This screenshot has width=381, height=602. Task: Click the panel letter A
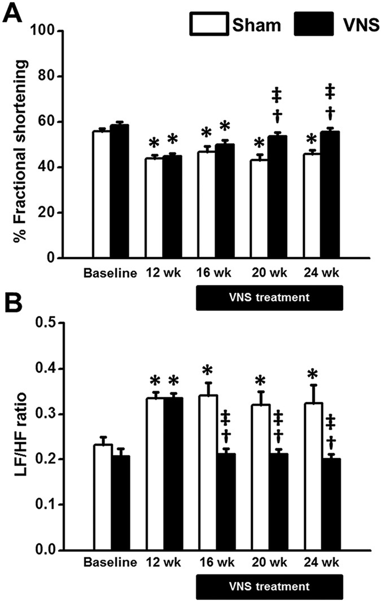click(x=13, y=12)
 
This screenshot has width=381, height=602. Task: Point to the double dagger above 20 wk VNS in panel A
click(x=277, y=94)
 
